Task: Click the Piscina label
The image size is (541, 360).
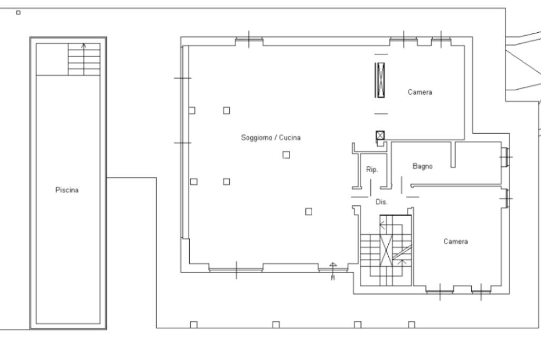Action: click(67, 190)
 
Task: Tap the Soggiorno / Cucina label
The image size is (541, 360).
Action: click(270, 138)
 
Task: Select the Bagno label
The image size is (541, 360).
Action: click(423, 166)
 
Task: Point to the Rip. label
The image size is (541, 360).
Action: click(372, 169)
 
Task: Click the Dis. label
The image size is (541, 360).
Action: click(381, 202)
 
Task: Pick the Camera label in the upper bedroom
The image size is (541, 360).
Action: click(420, 92)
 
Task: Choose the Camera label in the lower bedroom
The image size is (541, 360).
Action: click(456, 241)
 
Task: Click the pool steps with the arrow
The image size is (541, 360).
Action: click(84, 59)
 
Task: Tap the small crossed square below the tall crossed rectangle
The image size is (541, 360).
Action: click(380, 135)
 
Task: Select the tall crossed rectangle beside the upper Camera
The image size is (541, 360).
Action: click(380, 80)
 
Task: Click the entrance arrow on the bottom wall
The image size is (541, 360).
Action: click(333, 271)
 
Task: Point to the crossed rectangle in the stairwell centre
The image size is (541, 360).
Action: click(386, 250)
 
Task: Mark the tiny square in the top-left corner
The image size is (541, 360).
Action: click(18, 13)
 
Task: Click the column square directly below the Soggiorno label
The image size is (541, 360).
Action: click(286, 155)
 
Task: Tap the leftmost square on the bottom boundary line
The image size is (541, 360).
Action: click(194, 325)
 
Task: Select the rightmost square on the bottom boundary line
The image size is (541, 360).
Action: click(411, 325)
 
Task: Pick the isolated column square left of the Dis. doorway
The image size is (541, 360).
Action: click(309, 211)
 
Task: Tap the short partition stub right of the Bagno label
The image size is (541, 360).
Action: click(453, 155)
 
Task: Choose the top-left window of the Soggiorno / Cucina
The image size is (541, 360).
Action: click(249, 41)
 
